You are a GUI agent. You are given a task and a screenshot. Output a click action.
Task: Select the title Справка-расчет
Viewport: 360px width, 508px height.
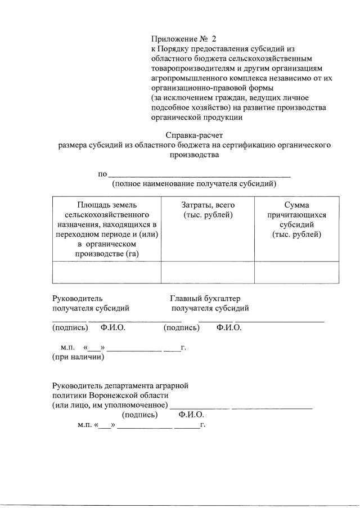pos(193,135)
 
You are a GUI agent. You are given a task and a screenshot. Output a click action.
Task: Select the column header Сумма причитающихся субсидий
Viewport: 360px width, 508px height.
pos(296,220)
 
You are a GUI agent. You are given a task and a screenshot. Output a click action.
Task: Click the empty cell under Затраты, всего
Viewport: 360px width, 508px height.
pos(208,272)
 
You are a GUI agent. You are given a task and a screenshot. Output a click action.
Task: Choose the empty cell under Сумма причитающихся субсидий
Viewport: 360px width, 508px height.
pos(296,272)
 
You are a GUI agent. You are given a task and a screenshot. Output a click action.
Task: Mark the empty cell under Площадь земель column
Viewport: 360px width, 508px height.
pos(106,272)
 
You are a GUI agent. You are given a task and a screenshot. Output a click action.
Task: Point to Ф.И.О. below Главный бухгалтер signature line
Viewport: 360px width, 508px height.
pos(228,327)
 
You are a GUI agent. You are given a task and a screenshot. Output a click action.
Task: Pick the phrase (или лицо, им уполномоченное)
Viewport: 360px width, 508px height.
pos(110,405)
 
